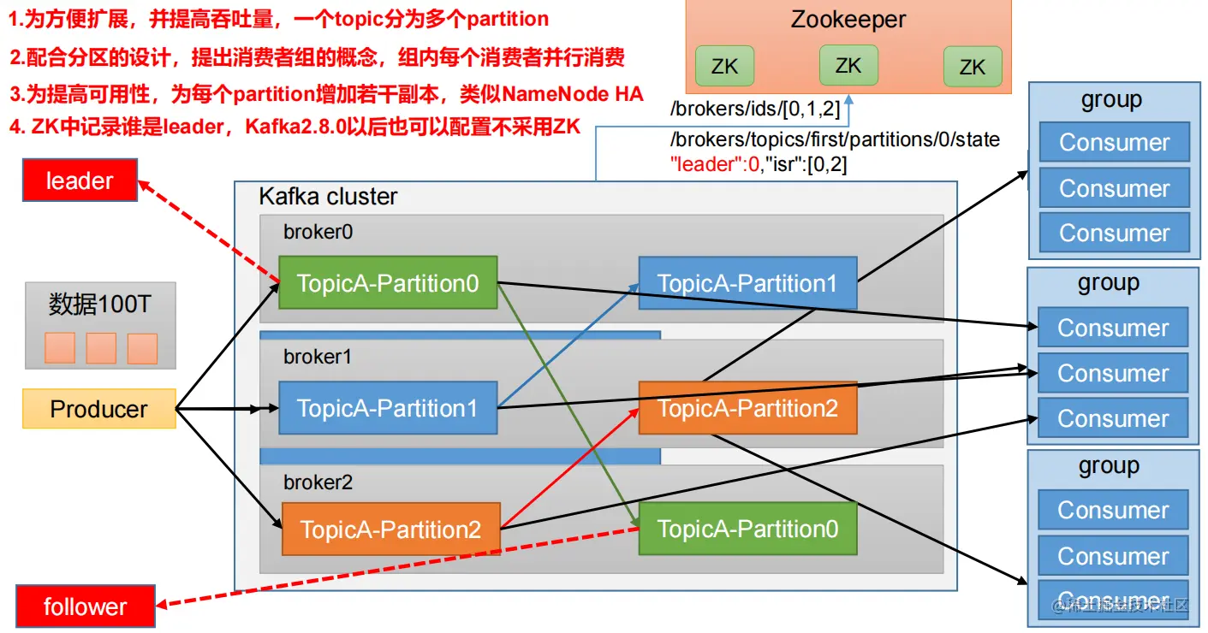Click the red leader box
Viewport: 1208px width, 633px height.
(80, 180)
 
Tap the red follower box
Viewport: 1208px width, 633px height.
(86, 606)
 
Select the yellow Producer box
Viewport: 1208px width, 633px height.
(98, 409)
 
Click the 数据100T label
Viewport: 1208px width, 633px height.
(100, 304)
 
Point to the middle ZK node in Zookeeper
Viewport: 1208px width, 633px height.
(848, 65)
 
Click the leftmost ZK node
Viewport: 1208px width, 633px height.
(724, 67)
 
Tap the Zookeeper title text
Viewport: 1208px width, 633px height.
(848, 20)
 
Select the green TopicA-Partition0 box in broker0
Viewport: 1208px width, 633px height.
(388, 283)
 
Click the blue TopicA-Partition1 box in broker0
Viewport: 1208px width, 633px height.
(747, 284)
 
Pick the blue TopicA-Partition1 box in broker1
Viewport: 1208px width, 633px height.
(388, 408)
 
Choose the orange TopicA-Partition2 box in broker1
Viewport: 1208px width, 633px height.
(747, 408)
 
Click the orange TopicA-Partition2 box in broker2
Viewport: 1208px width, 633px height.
(390, 529)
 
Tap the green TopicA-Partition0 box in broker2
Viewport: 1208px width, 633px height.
(747, 529)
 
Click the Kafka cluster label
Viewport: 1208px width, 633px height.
(328, 197)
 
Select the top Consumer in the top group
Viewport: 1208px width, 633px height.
(1114, 142)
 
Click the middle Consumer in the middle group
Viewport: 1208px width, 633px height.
(1112, 373)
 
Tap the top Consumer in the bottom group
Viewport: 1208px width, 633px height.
(1112, 510)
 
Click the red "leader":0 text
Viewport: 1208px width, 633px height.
(715, 163)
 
